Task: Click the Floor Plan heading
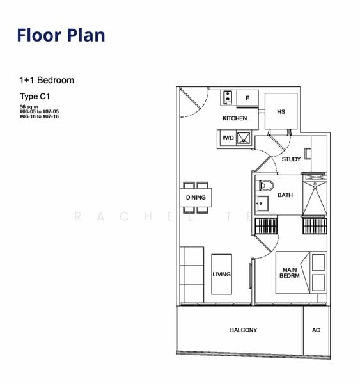[x=61, y=35]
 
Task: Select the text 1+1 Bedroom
[x=47, y=80]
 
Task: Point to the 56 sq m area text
[x=29, y=106]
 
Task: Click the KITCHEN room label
[x=235, y=118]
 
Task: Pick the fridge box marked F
[x=247, y=98]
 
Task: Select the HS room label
[x=281, y=112]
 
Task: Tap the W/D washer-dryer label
[x=228, y=138]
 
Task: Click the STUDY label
[x=291, y=159]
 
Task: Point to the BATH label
[x=285, y=195]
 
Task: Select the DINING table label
[x=196, y=198]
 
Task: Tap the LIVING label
[x=221, y=274]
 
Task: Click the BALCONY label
[x=243, y=330]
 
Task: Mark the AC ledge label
[x=316, y=330]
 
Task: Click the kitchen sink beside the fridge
[x=228, y=98]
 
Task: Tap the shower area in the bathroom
[x=315, y=198]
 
